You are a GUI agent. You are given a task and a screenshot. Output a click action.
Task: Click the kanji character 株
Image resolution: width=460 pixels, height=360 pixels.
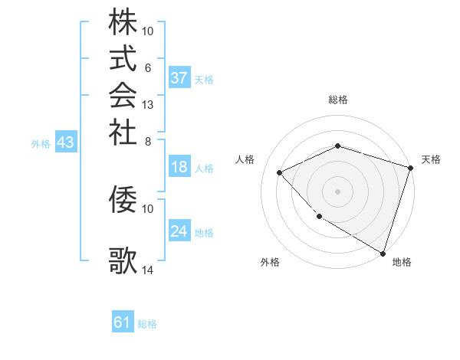tap(123, 22)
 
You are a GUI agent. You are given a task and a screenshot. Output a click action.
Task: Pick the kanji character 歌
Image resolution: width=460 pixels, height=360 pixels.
tap(123, 260)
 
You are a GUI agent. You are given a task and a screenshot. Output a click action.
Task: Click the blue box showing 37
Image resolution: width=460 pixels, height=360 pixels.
tap(179, 78)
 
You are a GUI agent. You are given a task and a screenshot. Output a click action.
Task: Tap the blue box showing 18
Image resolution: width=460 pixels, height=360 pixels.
tap(179, 168)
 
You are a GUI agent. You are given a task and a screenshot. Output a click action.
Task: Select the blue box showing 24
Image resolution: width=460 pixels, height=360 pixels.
tap(179, 231)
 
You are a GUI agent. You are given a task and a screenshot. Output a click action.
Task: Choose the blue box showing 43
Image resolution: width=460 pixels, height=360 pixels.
tap(66, 142)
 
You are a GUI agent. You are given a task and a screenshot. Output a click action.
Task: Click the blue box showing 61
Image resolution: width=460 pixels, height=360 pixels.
tap(123, 322)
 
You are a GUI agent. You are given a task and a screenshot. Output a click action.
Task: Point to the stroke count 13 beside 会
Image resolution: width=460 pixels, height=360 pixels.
tap(148, 104)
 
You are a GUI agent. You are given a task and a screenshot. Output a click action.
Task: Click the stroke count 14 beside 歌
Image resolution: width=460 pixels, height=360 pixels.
tap(148, 270)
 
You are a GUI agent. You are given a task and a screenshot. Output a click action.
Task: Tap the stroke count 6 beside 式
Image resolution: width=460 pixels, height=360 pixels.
tap(148, 67)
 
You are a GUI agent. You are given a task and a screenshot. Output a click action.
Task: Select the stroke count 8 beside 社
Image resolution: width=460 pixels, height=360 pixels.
tap(148, 140)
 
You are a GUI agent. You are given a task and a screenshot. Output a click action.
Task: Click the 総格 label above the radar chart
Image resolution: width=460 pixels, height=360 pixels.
tap(338, 100)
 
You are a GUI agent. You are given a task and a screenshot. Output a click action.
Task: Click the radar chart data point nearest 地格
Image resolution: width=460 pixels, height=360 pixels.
tap(383, 252)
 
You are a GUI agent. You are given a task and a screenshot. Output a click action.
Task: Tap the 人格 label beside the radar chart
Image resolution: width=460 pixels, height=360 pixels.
tap(245, 159)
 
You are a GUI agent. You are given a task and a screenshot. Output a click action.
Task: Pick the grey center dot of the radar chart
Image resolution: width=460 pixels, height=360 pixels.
tap(337, 191)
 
